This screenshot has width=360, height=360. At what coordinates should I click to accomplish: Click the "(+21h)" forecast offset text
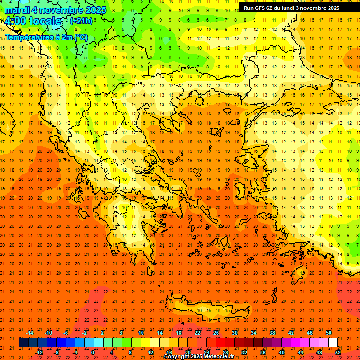[81, 21]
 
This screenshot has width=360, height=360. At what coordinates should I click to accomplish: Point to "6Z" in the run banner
[274, 8]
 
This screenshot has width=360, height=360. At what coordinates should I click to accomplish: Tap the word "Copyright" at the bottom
[178, 357]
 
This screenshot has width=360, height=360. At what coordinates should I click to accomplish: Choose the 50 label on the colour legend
[328, 333]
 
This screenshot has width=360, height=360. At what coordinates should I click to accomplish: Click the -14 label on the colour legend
[30, 333]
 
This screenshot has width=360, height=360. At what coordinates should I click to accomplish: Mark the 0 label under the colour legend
[93, 352]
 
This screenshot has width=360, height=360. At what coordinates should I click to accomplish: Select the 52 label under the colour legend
[338, 352]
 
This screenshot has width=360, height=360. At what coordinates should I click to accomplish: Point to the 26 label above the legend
[216, 333]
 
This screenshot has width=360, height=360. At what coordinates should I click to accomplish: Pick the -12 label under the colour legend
[39, 352]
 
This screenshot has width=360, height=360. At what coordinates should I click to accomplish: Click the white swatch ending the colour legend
[333, 342]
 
